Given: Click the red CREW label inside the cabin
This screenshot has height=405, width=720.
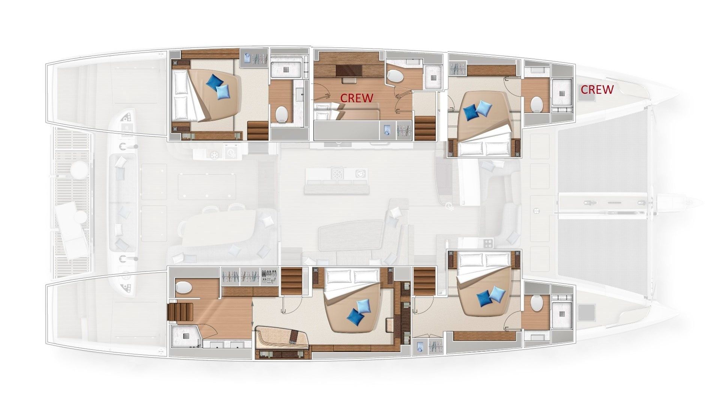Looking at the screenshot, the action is click(357, 98).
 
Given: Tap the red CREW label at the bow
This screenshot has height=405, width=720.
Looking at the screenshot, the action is click(597, 89).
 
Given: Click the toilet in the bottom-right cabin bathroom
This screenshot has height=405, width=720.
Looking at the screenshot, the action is click(537, 303).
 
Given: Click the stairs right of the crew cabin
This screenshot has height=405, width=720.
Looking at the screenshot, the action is click(424, 128).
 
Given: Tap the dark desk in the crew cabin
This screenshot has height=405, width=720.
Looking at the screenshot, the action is click(349, 70).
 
